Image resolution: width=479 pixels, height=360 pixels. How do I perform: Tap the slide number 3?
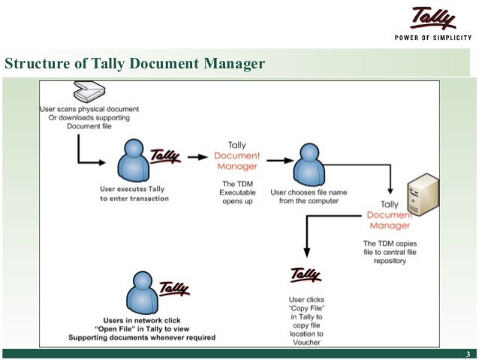(468, 354)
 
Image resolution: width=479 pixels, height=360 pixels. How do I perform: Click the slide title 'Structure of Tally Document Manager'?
(135, 64)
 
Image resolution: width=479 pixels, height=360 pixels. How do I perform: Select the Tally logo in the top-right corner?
(433, 19)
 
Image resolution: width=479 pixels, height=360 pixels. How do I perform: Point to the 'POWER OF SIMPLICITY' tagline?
(433, 39)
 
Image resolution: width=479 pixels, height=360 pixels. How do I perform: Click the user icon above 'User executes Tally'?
(135, 160)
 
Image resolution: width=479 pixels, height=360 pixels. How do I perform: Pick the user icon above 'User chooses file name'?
(307, 162)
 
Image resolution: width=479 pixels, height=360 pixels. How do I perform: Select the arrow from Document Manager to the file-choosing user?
(279, 159)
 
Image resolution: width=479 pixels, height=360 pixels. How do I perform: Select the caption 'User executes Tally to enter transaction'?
(134, 194)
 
